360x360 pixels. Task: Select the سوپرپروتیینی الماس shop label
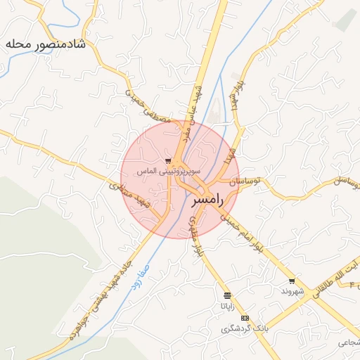pyautogui.click(x=169, y=171)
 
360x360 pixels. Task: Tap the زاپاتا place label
pyautogui.click(x=226, y=306)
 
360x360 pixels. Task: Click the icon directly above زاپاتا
pyautogui.click(x=226, y=295)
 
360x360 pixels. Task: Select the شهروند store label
pyautogui.click(x=292, y=291)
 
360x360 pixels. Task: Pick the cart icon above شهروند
pyautogui.click(x=292, y=281)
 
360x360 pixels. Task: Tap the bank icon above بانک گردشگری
pyautogui.click(x=245, y=318)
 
